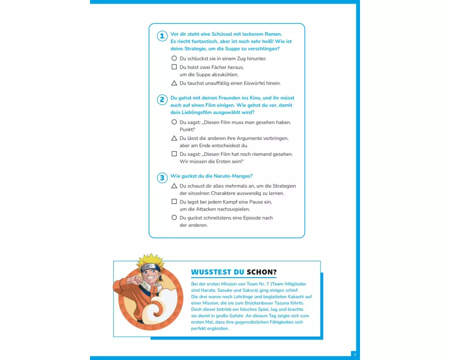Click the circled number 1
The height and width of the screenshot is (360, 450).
point(162,36)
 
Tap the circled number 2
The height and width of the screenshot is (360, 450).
point(162,99)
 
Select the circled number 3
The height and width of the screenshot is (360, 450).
point(162,178)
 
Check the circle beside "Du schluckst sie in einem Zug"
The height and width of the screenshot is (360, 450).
point(174,58)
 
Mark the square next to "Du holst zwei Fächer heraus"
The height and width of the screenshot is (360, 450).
point(174,67)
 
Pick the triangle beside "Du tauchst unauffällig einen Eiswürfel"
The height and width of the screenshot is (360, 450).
point(174,83)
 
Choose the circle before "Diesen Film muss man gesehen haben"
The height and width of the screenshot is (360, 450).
point(174,122)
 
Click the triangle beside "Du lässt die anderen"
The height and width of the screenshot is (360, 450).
point(174,138)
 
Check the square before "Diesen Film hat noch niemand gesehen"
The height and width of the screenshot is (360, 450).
point(174,153)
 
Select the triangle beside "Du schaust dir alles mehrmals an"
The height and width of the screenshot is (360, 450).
point(174,186)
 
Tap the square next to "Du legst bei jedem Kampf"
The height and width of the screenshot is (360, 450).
point(174,201)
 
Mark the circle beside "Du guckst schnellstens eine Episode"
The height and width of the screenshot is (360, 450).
point(174,217)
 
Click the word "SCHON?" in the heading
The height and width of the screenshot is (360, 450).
point(262,272)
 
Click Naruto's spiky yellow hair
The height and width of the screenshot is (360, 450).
point(150,259)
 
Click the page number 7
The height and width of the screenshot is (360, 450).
point(355,355)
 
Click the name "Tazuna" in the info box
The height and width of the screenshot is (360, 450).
point(297,303)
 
